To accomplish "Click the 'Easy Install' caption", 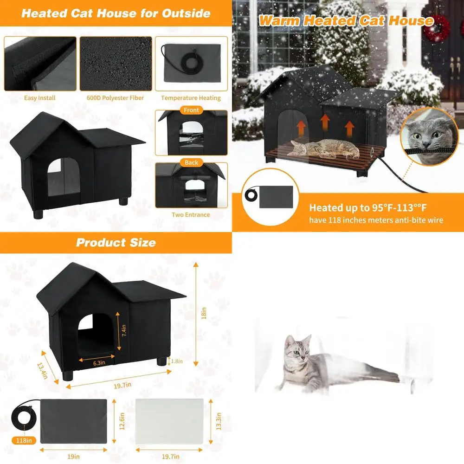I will point(40,98).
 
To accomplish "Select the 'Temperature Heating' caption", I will point(191,98).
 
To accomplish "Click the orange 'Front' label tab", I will point(191,110).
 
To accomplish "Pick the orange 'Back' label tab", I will point(191,163).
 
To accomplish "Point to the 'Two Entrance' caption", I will point(191,215).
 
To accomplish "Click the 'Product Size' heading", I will point(116,243).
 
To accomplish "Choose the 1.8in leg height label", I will point(176,361).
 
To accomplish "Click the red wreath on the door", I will point(437,28).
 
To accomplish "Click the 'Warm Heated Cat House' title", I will point(346,21).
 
